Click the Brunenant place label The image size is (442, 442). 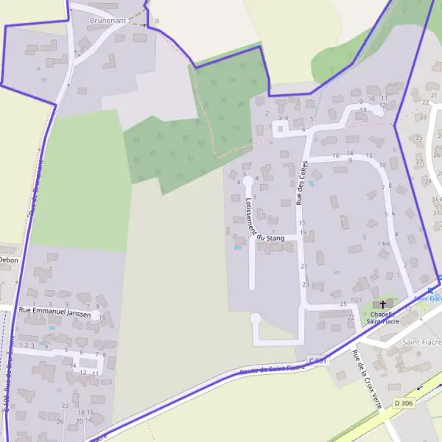(x=108, y=21)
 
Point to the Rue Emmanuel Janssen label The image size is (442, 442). (x=55, y=314)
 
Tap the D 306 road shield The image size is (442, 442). (x=402, y=404)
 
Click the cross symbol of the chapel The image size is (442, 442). (x=383, y=304)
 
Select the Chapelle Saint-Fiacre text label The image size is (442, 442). (x=383, y=317)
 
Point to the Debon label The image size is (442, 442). (x=8, y=260)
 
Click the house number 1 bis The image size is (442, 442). (x=383, y=244)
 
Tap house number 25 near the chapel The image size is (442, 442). (x=343, y=304)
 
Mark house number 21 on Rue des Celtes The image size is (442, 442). (x=304, y=267)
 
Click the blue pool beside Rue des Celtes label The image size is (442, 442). (x=312, y=182)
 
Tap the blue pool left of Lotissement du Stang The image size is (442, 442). (x=236, y=248)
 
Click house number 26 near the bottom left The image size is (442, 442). (x=61, y=422)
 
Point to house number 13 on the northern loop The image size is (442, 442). (x=362, y=110)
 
